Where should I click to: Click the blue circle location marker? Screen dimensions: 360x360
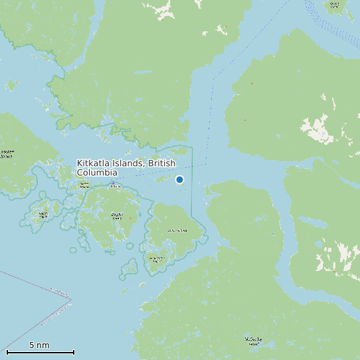tap(179, 179)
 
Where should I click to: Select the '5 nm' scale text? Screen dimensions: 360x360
tap(39, 345)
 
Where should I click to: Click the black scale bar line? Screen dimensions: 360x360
tap(40, 352)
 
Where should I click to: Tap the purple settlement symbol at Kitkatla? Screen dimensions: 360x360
tap(113, 183)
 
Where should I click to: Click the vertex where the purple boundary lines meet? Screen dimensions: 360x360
tap(70, 300)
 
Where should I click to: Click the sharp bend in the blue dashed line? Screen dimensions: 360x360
tap(214, 78)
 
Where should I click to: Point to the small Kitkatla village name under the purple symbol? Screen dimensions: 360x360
tap(116, 187)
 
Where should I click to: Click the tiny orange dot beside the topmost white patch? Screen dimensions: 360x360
tap(161, 19)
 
